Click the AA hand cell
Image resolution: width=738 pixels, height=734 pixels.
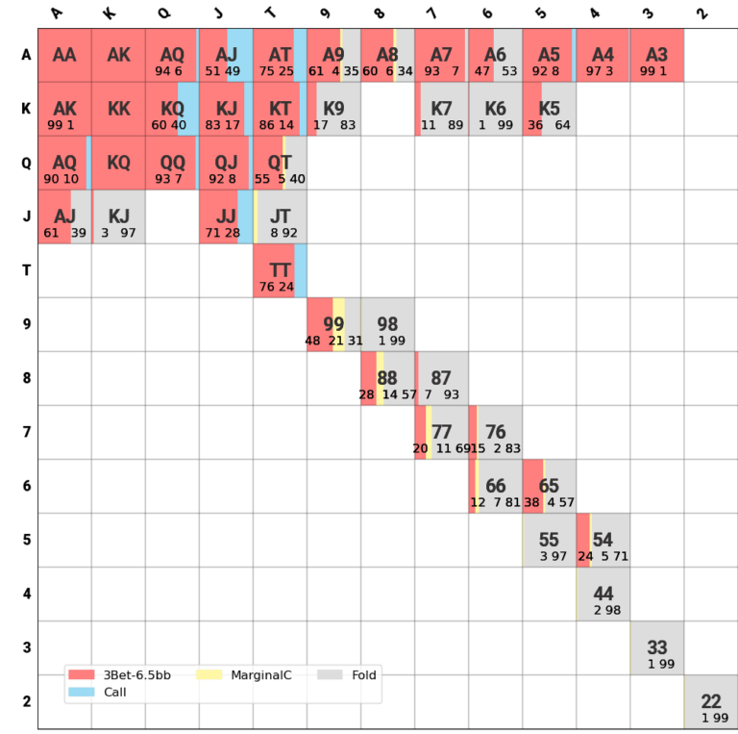64,56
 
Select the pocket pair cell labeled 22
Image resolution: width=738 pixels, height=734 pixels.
710,701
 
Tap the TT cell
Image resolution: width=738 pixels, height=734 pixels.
280,271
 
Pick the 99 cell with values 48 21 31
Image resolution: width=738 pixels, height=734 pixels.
333,325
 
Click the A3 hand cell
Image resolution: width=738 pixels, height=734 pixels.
656,56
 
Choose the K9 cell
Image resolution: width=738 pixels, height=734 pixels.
333,110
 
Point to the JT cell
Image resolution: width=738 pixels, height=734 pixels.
280,217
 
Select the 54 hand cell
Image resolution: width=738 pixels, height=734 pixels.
603,541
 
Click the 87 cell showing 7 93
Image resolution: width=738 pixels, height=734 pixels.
441,379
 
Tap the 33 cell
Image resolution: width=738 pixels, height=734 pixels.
656,648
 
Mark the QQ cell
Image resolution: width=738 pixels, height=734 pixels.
172,164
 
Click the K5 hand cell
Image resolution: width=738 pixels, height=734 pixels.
549,110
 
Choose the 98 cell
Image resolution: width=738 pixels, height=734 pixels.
387,325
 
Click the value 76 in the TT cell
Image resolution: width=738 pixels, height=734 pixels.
267,287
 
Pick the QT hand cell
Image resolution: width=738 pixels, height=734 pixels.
280,164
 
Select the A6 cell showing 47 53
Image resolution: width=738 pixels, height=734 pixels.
495,56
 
